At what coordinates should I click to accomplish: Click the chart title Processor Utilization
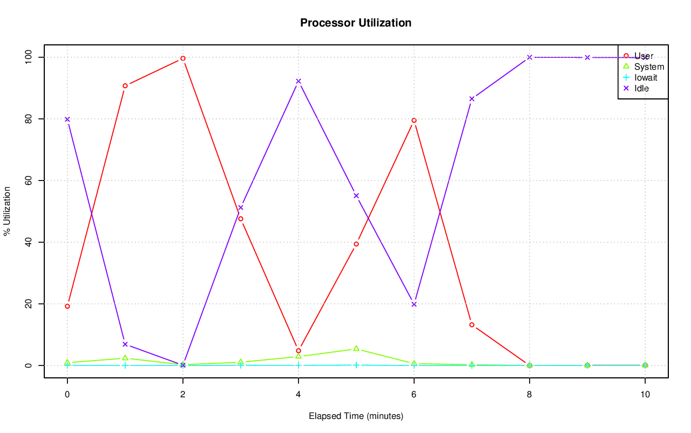pyautogui.click(x=356, y=23)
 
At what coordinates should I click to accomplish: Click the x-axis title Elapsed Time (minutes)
pyautogui.click(x=356, y=416)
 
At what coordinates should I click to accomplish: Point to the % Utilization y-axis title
pyautogui.click(x=7, y=211)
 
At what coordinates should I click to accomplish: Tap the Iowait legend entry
pyautogui.click(x=646, y=77)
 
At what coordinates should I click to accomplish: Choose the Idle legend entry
pyautogui.click(x=641, y=88)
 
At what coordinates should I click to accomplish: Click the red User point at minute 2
pyautogui.click(x=183, y=58)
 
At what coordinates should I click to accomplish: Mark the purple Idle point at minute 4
pyautogui.click(x=299, y=81)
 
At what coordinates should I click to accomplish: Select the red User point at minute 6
pyautogui.click(x=414, y=121)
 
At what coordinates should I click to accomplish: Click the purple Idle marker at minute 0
pyautogui.click(x=67, y=119)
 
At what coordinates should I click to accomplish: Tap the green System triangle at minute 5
pyautogui.click(x=356, y=349)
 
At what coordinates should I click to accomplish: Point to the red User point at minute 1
pyautogui.click(x=125, y=86)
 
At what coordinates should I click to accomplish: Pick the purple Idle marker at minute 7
pyautogui.click(x=472, y=99)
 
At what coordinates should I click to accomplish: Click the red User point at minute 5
pyautogui.click(x=356, y=244)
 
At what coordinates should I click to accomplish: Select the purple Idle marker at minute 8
pyautogui.click(x=530, y=57)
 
